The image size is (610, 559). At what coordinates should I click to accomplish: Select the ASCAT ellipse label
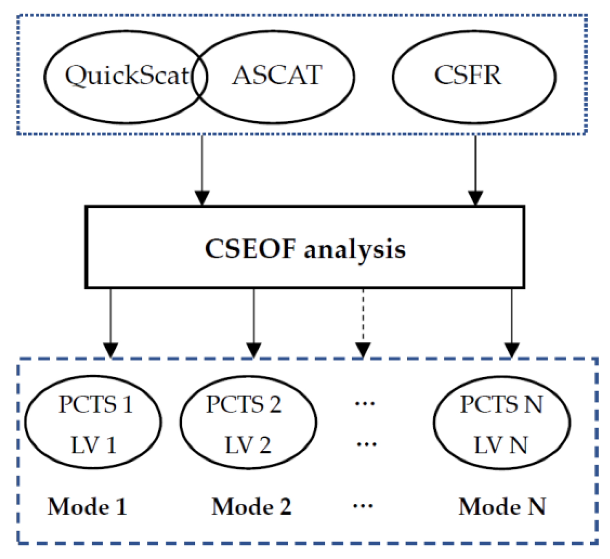click(x=277, y=76)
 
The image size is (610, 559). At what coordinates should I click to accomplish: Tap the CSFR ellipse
click(x=473, y=77)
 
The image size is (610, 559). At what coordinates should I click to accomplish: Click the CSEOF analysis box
click(x=305, y=247)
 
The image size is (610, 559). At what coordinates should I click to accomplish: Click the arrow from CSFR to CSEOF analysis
click(x=475, y=170)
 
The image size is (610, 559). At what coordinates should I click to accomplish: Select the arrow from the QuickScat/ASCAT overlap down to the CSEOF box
click(x=202, y=170)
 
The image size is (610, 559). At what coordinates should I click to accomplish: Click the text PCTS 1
click(x=96, y=404)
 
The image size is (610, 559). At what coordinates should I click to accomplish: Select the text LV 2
click(x=248, y=445)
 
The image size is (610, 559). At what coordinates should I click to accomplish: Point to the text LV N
click(x=500, y=445)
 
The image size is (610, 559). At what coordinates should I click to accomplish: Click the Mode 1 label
click(x=87, y=507)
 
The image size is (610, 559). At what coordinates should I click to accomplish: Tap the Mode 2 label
click(x=251, y=507)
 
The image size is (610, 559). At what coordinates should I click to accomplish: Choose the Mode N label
click(x=502, y=507)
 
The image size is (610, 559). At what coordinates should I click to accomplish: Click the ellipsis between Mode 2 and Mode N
click(x=363, y=506)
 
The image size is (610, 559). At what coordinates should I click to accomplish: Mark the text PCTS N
click(x=501, y=404)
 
